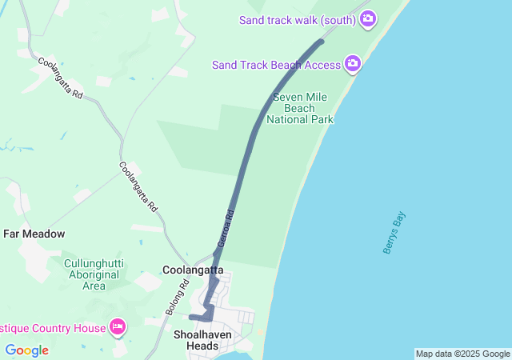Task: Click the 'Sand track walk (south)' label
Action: [x=297, y=20]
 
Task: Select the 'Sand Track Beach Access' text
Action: [x=276, y=65]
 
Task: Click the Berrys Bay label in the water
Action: [x=394, y=233]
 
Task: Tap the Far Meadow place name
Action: [x=34, y=234]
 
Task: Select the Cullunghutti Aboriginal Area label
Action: [x=94, y=274]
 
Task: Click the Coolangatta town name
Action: [x=193, y=270]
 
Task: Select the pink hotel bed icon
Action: [x=118, y=326]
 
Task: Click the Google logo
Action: [x=26, y=350]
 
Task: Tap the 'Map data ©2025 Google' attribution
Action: [x=462, y=354]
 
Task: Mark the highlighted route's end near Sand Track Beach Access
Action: [x=322, y=40]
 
